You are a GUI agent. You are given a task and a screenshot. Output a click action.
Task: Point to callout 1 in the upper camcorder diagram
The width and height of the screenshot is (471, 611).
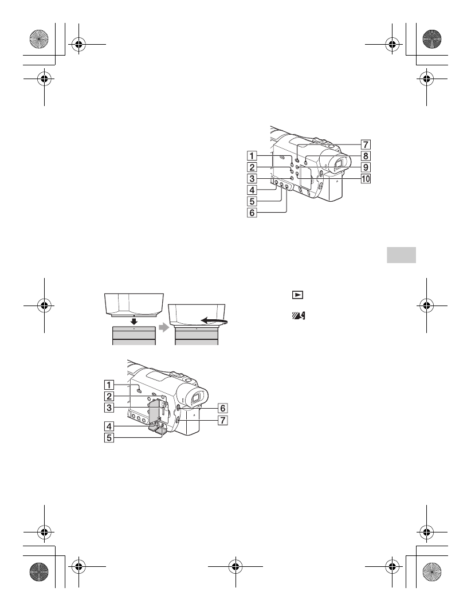pyautogui.click(x=252, y=155)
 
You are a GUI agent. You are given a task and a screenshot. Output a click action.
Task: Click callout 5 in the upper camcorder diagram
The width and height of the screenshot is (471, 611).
pyautogui.click(x=252, y=201)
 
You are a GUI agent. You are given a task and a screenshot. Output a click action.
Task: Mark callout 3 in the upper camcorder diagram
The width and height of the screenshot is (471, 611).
pyautogui.click(x=252, y=178)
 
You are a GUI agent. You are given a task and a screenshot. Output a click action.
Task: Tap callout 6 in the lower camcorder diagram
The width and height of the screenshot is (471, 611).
pyautogui.click(x=223, y=408)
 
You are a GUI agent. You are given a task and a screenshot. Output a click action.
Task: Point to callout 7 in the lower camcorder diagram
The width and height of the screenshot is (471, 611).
pyautogui.click(x=223, y=420)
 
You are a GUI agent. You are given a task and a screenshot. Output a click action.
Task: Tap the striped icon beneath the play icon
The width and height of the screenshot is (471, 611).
pyautogui.click(x=298, y=315)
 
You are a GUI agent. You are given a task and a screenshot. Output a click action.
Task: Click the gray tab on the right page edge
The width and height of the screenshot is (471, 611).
pyautogui.click(x=401, y=254)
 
